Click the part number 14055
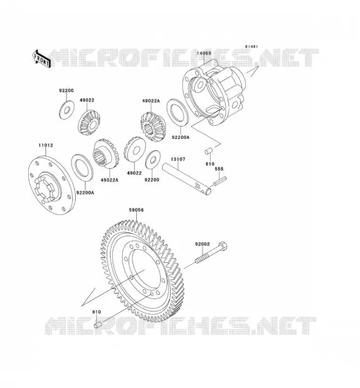(x=204, y=53)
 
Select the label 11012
(x=46, y=145)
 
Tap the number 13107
(x=178, y=160)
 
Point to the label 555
(x=219, y=169)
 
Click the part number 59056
(x=136, y=210)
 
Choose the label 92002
(x=202, y=244)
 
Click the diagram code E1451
(x=251, y=47)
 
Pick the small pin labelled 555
(x=220, y=180)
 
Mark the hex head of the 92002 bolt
(x=223, y=246)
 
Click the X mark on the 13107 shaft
(x=197, y=185)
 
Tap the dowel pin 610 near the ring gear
(x=98, y=324)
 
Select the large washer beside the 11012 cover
(x=82, y=167)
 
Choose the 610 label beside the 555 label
(x=210, y=164)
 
